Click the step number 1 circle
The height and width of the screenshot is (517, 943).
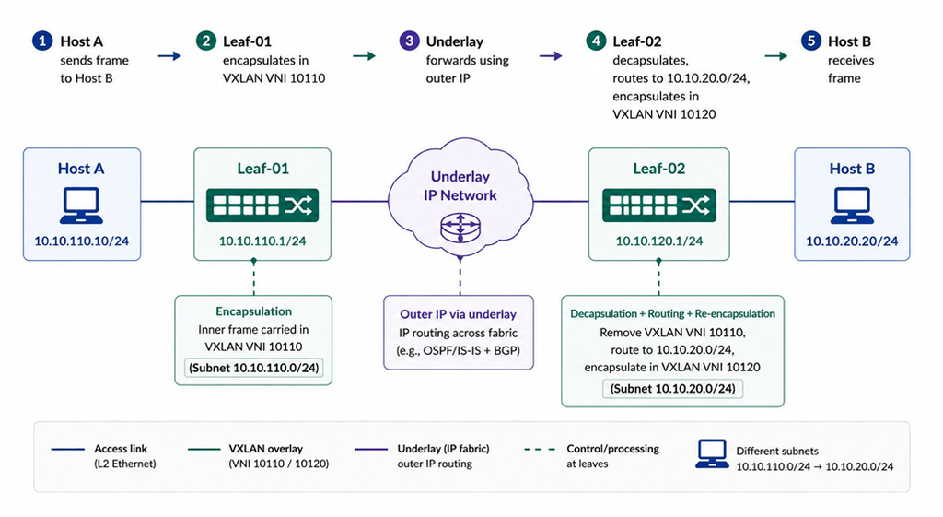click(x=42, y=41)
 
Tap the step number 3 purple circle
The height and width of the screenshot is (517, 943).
click(x=409, y=41)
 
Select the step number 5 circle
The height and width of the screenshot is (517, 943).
click(x=810, y=41)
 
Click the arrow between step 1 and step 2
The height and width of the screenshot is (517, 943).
click(x=169, y=56)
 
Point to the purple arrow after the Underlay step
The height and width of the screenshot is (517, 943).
click(x=551, y=56)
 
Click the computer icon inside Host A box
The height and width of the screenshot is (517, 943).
click(x=81, y=206)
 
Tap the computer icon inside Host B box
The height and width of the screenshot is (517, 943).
click(x=852, y=206)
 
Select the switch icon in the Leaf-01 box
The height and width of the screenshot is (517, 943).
click(x=262, y=206)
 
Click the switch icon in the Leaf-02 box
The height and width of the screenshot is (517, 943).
click(x=659, y=206)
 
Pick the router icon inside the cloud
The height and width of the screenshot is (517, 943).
click(x=460, y=227)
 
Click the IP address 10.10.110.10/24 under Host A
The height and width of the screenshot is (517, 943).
click(x=81, y=241)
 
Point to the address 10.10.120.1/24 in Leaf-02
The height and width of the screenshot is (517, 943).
click(x=659, y=241)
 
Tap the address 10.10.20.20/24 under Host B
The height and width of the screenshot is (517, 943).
click(x=852, y=241)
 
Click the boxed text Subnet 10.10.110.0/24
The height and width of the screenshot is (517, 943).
click(x=254, y=368)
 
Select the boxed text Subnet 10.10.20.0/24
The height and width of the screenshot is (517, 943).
click(x=673, y=389)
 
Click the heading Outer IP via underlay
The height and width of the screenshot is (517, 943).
click(x=459, y=314)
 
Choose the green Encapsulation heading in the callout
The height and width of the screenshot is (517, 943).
click(x=254, y=311)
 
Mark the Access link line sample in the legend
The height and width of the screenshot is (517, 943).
click(x=67, y=449)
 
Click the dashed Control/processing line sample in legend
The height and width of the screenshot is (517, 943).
click(x=540, y=449)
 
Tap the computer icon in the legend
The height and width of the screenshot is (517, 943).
click(x=712, y=453)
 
